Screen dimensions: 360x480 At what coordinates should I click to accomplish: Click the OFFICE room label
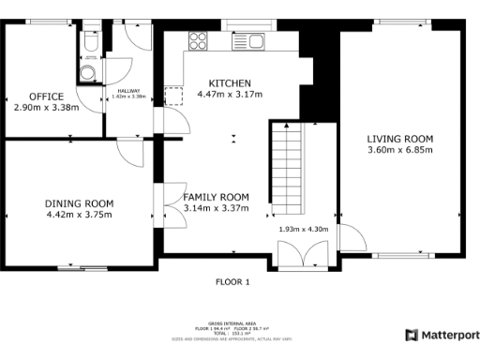click(x=46, y=97)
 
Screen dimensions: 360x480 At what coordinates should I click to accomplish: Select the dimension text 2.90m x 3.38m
click(x=46, y=108)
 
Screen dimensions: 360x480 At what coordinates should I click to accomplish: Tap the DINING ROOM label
click(x=80, y=203)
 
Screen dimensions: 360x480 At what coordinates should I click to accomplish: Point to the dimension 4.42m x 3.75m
click(x=80, y=215)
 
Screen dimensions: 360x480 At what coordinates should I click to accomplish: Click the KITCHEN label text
click(x=230, y=82)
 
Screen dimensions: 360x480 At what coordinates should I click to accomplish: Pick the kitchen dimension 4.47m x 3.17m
click(x=230, y=94)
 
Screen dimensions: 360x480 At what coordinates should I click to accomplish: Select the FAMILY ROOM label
click(x=216, y=197)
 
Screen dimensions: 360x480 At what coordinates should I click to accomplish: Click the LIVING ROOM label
click(x=399, y=139)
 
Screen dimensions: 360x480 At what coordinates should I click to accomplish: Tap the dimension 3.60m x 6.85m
click(x=399, y=150)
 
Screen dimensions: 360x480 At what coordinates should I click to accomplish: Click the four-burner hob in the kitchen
click(x=199, y=40)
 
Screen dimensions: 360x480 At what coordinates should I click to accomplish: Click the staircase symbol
click(x=289, y=170)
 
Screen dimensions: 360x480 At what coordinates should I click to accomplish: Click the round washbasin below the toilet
click(x=88, y=72)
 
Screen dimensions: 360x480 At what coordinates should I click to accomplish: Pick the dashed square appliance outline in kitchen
click(x=173, y=96)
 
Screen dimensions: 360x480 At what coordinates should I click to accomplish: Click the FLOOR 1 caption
click(x=232, y=281)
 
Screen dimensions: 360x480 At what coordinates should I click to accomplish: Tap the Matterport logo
click(x=442, y=335)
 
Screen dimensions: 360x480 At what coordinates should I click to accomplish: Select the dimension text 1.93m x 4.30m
click(x=304, y=229)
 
